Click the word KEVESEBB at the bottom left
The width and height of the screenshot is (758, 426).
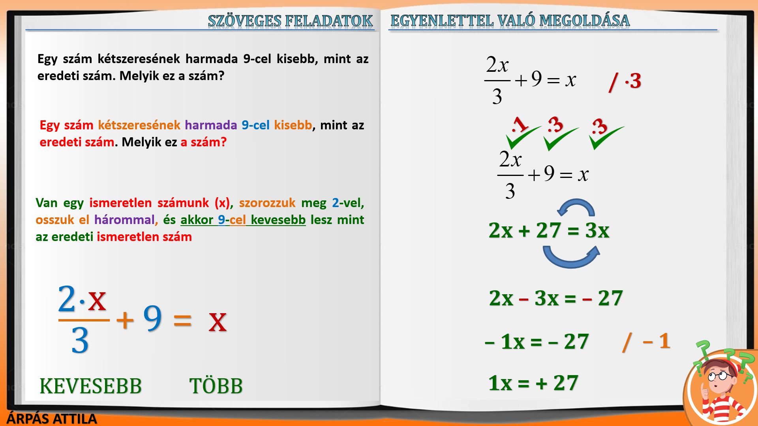(90, 386)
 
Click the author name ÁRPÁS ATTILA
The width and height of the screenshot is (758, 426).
(52, 419)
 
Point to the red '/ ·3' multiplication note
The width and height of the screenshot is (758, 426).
(625, 82)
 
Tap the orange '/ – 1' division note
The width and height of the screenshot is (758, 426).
(646, 342)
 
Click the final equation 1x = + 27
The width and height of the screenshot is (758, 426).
(533, 383)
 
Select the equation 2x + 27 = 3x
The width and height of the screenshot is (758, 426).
(549, 230)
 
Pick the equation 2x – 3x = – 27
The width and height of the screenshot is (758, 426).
(555, 298)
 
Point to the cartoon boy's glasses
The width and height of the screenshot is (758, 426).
(718, 376)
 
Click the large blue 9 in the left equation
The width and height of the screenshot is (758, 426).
(152, 318)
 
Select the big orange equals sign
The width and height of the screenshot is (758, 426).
(182, 319)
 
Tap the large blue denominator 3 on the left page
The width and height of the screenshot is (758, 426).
(80, 340)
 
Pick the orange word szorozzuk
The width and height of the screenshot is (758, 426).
(267, 203)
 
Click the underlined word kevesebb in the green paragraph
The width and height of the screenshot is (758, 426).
(278, 220)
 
